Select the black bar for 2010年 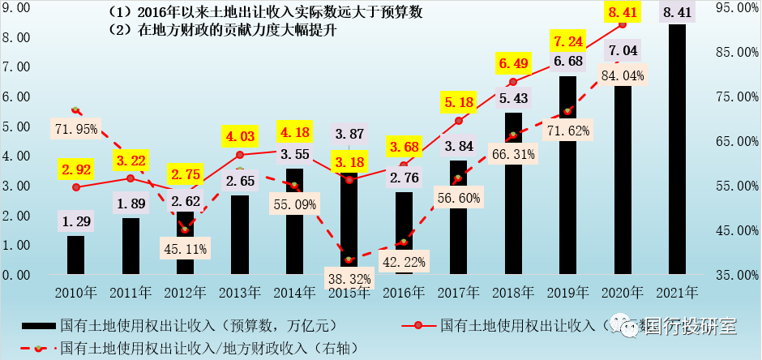coord(75,255)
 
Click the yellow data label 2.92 coord(75,170)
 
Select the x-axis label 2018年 coord(512,291)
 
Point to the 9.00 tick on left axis coord(17,8)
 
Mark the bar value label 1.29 coord(75,220)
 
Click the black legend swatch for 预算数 coord(32,325)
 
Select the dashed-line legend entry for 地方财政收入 coord(203,348)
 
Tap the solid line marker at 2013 coord(239,154)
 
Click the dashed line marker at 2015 coord(349,259)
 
